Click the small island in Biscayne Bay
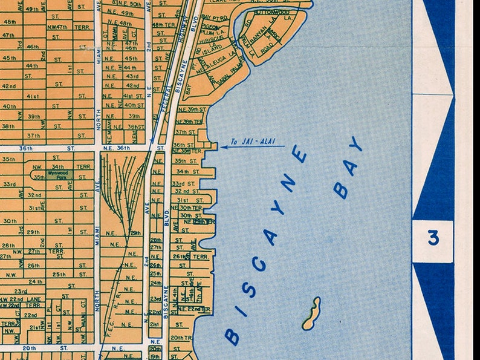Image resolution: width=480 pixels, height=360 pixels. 311,313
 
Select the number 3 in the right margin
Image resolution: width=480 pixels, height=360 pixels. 433,239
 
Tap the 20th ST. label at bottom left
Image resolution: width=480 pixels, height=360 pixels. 36,349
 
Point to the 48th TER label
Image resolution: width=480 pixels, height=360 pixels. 163,25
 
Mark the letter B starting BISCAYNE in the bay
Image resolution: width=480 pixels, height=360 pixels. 232,336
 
